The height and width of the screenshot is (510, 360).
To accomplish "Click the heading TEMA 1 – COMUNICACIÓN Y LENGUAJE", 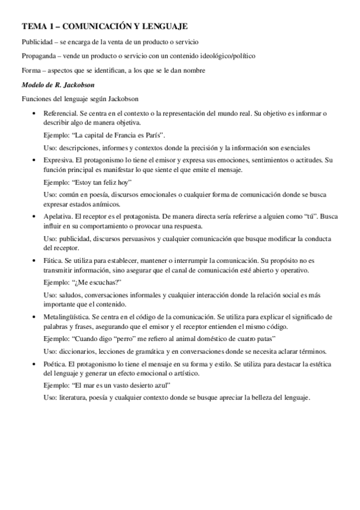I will (105, 26).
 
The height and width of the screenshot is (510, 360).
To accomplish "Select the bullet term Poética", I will (55, 364).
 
